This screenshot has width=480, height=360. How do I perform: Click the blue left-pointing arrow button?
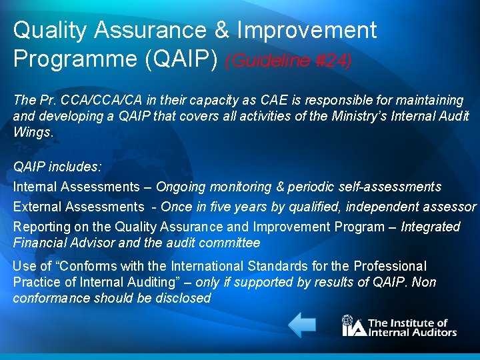pos(302,325)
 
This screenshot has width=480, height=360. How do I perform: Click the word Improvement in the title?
pos(307,30)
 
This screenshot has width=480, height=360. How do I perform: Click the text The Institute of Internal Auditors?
pos(412,327)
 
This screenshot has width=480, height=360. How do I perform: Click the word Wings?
pos(31,131)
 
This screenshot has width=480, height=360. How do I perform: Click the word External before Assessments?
pos(37,207)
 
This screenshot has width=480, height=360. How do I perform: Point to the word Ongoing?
pos(181,187)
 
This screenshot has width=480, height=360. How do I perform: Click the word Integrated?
pos(431,227)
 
